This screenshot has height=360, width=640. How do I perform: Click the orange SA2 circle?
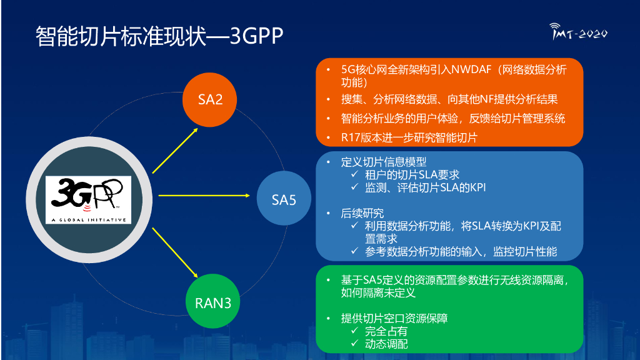(x=211, y=99)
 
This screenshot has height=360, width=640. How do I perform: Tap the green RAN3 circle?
(x=212, y=303)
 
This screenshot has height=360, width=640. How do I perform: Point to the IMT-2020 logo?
(x=578, y=32)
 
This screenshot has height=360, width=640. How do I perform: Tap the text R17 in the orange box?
(x=352, y=137)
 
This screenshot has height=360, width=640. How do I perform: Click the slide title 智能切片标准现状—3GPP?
(x=159, y=36)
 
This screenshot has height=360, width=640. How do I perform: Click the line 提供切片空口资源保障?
(x=394, y=318)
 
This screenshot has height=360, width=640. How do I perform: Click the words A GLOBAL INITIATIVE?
(x=89, y=220)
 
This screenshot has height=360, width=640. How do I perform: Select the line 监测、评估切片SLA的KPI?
(x=425, y=187)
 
